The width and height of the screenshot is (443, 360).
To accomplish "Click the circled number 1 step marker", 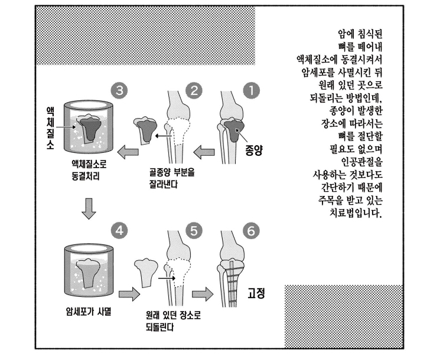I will tap(251, 91).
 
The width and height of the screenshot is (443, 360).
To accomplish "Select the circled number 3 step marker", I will tap(119, 91).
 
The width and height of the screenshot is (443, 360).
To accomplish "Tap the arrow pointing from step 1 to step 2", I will tap(204, 153).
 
